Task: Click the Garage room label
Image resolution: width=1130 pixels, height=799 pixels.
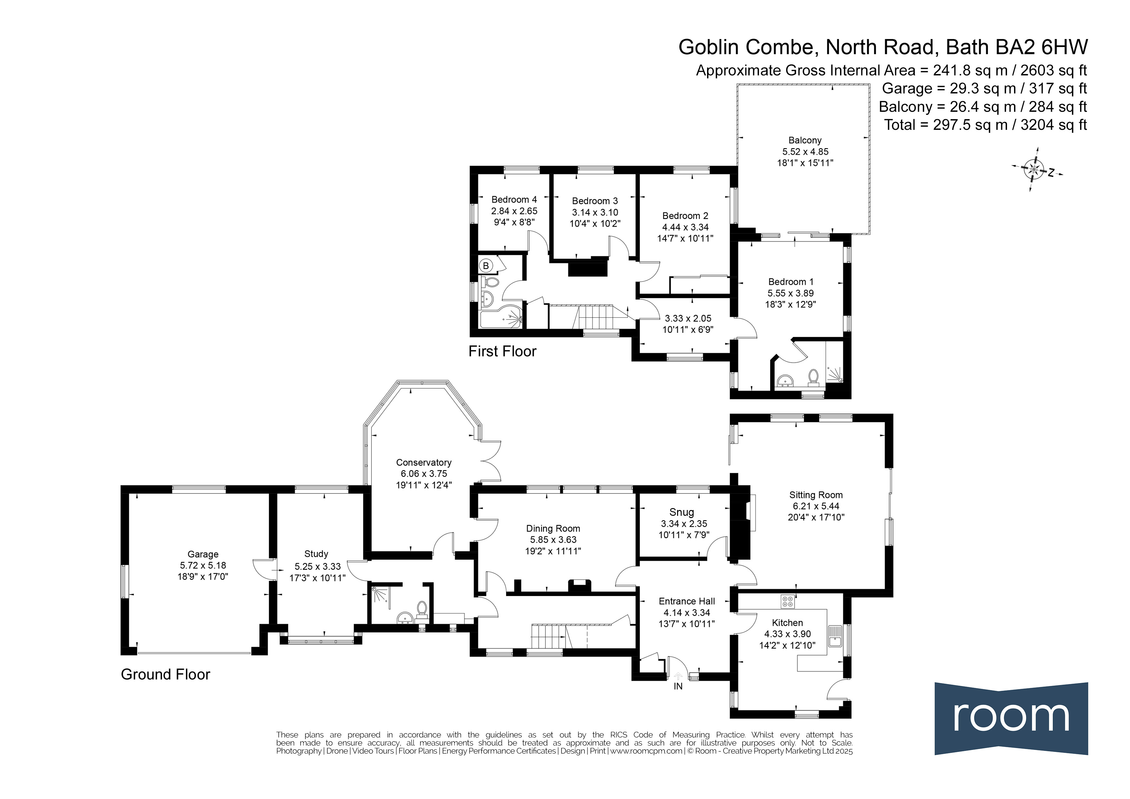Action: pos(203,554)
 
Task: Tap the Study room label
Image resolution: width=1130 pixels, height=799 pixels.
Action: pos(316,554)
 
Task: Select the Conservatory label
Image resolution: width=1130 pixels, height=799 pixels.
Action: pos(424,462)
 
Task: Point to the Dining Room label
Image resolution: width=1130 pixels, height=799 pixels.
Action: pos(553,528)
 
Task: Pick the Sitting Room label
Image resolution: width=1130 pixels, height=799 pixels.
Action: pos(816,495)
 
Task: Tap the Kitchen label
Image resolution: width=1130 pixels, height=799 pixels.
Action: pos(788,623)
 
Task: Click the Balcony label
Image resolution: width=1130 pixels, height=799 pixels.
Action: pos(805,140)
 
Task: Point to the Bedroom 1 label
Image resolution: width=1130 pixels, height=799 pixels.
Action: pos(791,282)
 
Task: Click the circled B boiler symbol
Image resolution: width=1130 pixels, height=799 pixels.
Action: pos(486,266)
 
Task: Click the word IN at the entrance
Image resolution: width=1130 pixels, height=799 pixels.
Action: pos(678,686)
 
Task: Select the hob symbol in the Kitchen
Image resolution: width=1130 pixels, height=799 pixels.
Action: pos(787,601)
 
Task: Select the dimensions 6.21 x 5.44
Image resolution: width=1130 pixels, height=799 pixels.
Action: pos(816,506)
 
